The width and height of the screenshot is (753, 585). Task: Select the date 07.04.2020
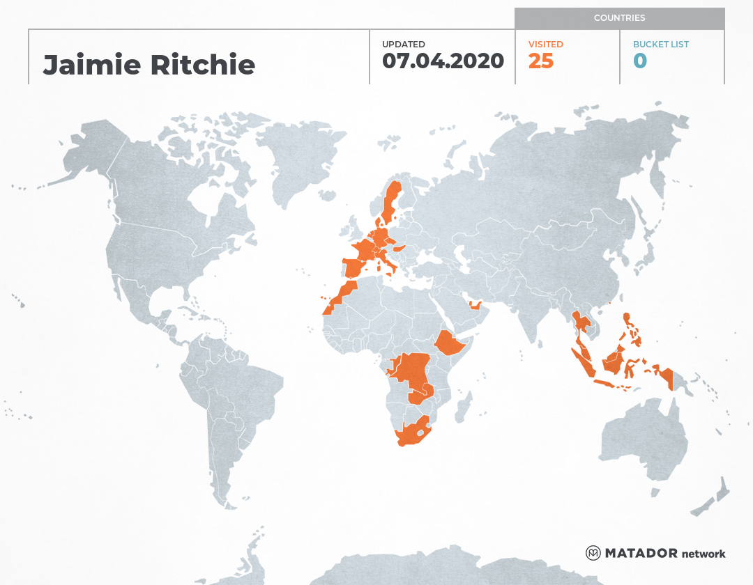pos(443,61)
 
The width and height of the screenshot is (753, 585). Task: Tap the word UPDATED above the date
pos(403,45)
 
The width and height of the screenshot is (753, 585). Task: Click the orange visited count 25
pos(540,61)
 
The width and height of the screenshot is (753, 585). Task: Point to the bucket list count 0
pos(639,61)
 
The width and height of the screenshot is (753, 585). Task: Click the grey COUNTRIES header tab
pos(619,18)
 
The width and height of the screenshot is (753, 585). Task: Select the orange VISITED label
pos(545,45)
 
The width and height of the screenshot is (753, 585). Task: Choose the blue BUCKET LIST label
pos(660,45)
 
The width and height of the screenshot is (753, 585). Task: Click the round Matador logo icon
pos(593,553)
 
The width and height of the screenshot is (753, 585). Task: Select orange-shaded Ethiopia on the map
pos(452,343)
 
